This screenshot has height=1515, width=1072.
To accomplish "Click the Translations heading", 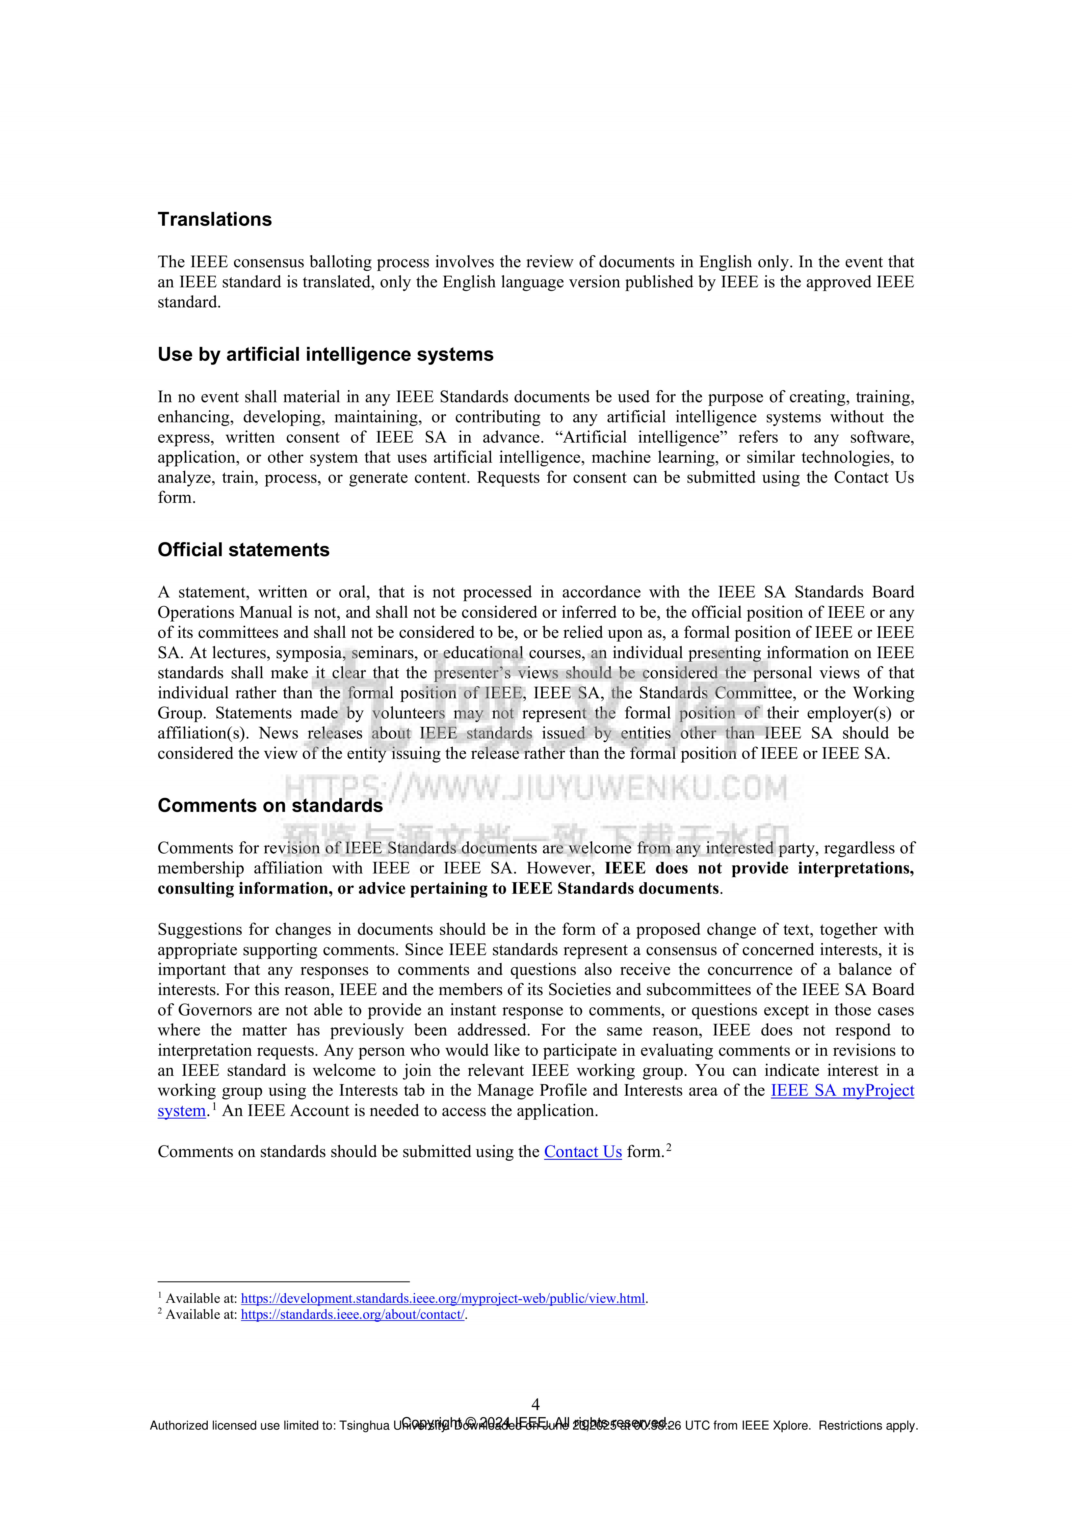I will (x=214, y=220).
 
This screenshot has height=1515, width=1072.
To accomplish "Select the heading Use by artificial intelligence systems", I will (x=325, y=355).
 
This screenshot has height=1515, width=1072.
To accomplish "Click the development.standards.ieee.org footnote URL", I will (x=442, y=1299).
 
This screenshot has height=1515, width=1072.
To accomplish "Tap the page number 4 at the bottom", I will (x=535, y=1404).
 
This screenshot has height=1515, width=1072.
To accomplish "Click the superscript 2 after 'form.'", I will (x=669, y=1148).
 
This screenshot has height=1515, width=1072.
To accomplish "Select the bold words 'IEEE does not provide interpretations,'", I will (x=759, y=869).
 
